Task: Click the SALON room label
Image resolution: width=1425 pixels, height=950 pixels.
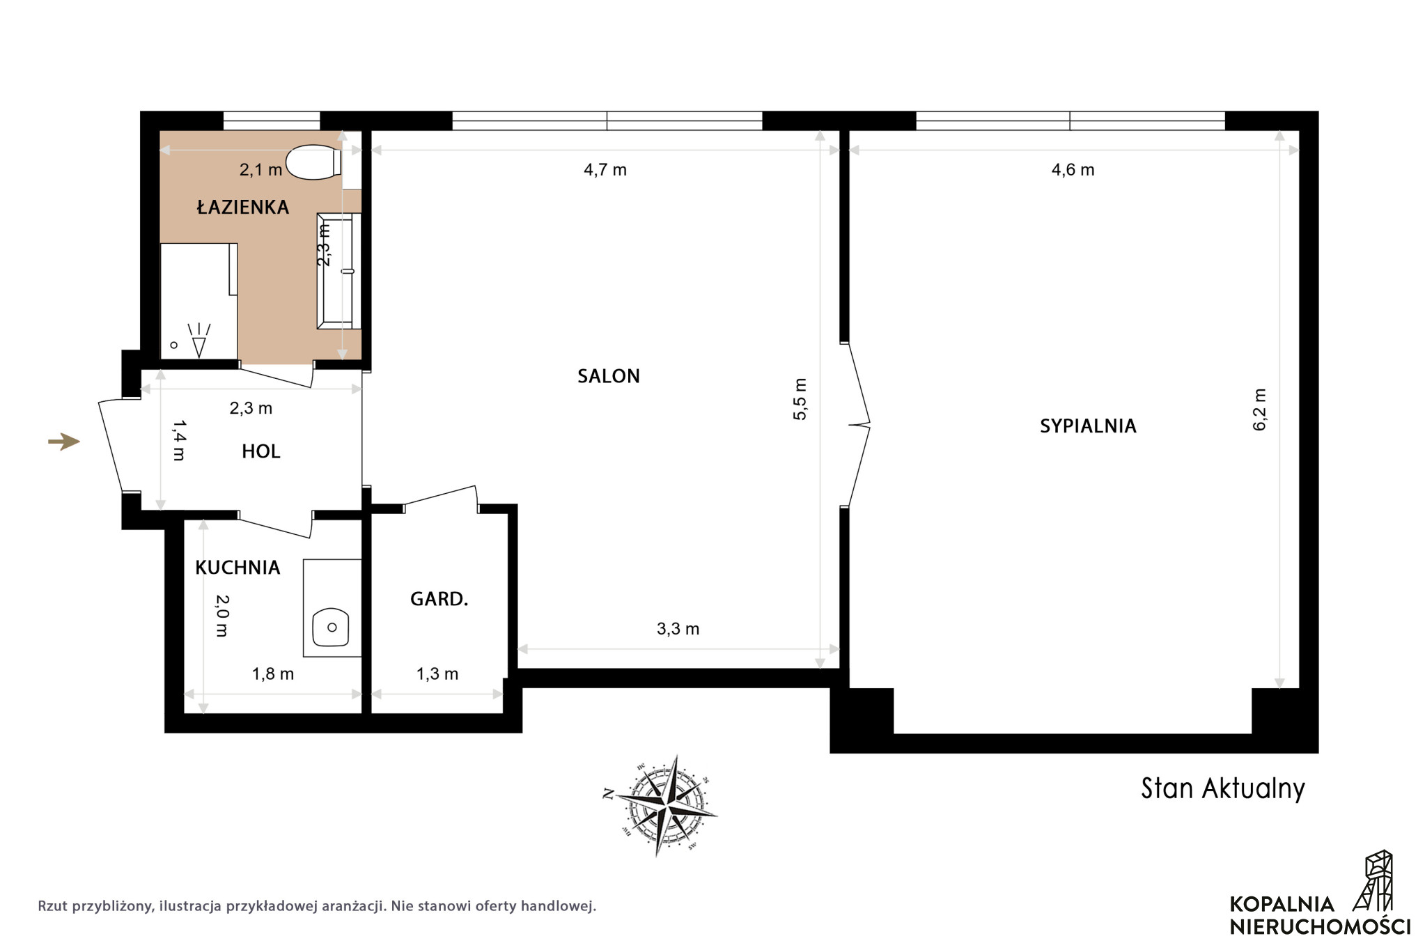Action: [x=608, y=376]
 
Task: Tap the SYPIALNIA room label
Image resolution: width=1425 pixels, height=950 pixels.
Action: [x=1088, y=426]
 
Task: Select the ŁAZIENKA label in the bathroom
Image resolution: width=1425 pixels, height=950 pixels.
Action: [x=242, y=207]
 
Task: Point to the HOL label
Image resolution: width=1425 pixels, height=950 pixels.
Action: [x=261, y=451]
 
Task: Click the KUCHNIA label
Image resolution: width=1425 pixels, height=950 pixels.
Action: [x=238, y=568]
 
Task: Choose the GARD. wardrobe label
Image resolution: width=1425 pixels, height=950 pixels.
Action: [x=439, y=599]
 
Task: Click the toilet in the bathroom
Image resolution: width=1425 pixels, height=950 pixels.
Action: [x=313, y=162]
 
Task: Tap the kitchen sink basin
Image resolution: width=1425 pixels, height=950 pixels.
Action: [x=331, y=628]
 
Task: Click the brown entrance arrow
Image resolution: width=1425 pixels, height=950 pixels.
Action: [x=64, y=442]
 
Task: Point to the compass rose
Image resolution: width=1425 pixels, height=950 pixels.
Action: [x=660, y=805]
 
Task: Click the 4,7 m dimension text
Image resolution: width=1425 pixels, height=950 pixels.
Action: [x=605, y=170]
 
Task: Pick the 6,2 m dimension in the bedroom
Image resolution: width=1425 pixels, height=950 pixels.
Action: [x=1260, y=410]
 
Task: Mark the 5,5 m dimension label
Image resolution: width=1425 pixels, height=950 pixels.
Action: [x=800, y=399]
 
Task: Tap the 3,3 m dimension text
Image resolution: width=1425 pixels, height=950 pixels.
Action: [x=678, y=629]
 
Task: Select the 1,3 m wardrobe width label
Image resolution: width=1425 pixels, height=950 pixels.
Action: [x=437, y=673]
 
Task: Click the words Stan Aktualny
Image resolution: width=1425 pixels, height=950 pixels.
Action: [x=1223, y=788]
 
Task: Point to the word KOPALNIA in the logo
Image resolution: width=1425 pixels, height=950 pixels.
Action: [x=1282, y=904]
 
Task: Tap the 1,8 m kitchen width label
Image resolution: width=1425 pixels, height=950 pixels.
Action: [x=272, y=673]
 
